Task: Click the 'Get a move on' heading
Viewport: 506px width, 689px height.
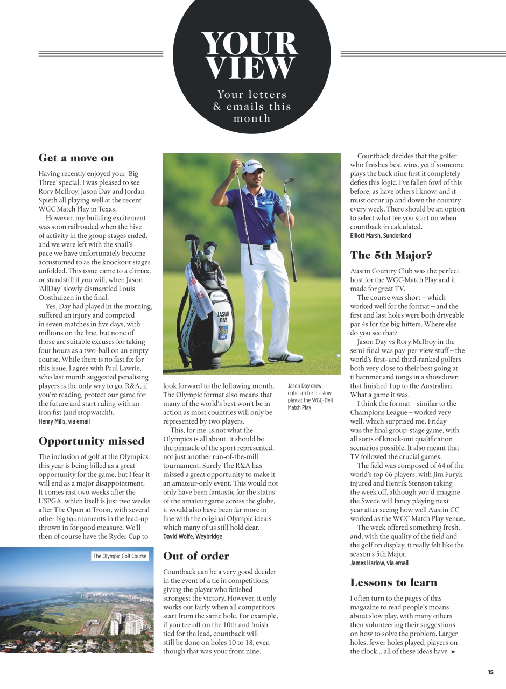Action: pyautogui.click(x=76, y=158)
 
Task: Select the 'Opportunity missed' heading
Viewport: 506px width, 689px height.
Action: pyautogui.click(x=92, y=441)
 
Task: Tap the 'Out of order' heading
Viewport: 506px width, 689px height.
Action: pyautogui.click(x=196, y=556)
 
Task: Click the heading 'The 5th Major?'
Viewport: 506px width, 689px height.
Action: pyautogui.click(x=391, y=255)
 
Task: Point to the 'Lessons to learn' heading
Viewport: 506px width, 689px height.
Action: pyautogui.click(x=393, y=582)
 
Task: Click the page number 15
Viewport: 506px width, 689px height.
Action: pyautogui.click(x=490, y=672)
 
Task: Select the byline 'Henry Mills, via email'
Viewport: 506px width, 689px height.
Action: pyautogui.click(x=64, y=421)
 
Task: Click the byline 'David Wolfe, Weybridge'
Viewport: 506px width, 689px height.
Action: pyautogui.click(x=192, y=537)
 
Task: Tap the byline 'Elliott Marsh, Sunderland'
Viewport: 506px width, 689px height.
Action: pyautogui.click(x=380, y=236)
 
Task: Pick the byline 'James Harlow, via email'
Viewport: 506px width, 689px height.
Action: pyautogui.click(x=379, y=563)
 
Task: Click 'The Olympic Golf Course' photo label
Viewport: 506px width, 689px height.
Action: pyautogui.click(x=120, y=556)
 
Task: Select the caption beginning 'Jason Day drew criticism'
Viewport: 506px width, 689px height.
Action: pyautogui.click(x=310, y=397)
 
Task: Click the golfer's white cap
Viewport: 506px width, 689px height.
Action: pyautogui.click(x=252, y=165)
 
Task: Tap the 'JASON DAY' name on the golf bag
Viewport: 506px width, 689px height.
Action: pyautogui.click(x=223, y=317)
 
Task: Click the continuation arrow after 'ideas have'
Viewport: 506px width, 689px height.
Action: pyautogui.click(x=453, y=652)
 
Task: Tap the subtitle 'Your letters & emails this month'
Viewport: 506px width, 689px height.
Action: pyautogui.click(x=251, y=107)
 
